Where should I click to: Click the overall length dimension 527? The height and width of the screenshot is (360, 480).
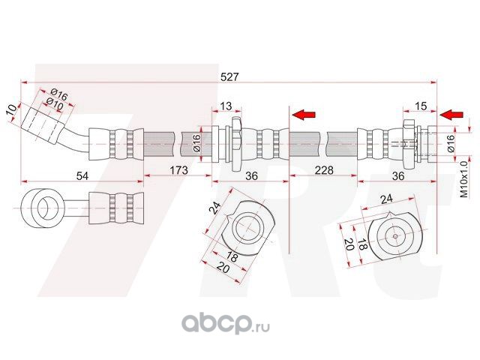[229, 76]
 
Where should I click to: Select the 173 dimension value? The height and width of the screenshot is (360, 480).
[178, 170]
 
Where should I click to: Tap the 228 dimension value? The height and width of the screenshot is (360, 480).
[324, 170]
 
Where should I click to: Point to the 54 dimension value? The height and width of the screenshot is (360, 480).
[82, 176]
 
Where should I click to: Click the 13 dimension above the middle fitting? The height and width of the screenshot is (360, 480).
[226, 106]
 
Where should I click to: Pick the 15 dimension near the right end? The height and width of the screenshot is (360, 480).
[421, 106]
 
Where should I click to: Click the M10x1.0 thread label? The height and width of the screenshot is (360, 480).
[464, 179]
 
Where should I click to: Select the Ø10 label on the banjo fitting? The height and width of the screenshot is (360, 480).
[55, 103]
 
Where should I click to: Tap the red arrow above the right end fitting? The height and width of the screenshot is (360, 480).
[451, 115]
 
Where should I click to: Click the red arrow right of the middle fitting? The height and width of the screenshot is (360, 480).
[304, 115]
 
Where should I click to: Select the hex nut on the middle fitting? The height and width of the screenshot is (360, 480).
[237, 144]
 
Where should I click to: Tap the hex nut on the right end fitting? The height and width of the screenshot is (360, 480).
[409, 145]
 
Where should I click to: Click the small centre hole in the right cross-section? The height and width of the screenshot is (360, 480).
[395, 236]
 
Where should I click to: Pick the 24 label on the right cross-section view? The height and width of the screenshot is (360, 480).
[386, 199]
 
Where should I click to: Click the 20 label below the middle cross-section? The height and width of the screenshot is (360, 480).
[223, 268]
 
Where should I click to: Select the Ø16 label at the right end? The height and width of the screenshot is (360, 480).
[451, 143]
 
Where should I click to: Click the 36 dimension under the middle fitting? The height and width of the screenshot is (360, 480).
[251, 176]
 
